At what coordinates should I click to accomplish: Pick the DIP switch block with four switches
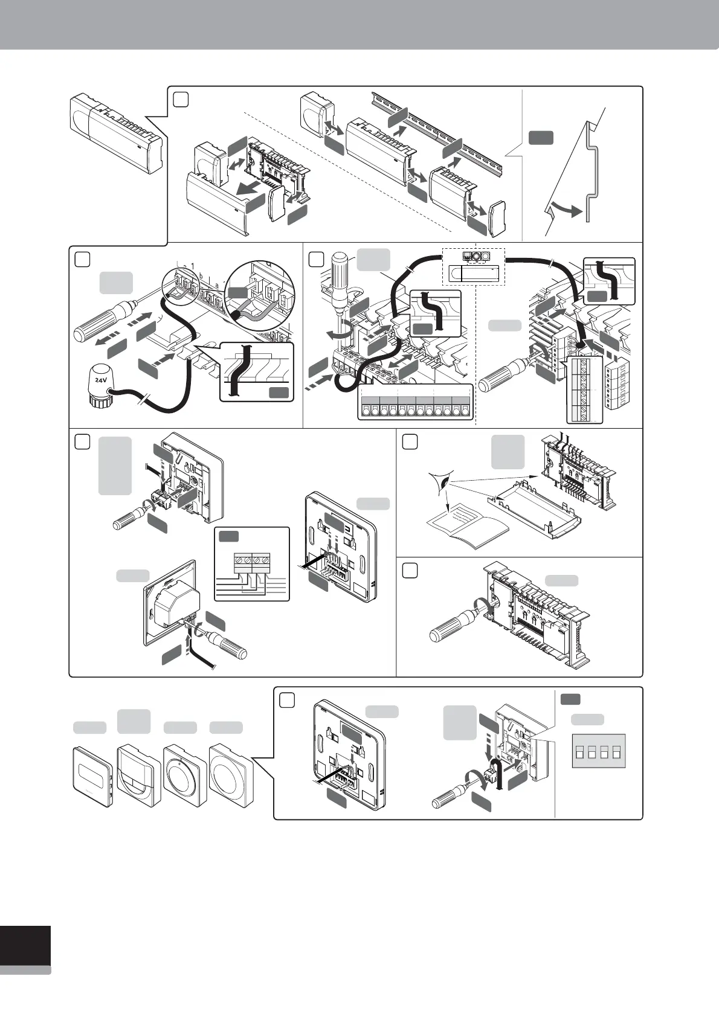[598, 752]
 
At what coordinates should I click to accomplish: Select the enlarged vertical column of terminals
[584, 390]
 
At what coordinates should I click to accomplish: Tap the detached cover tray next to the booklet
[537, 513]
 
